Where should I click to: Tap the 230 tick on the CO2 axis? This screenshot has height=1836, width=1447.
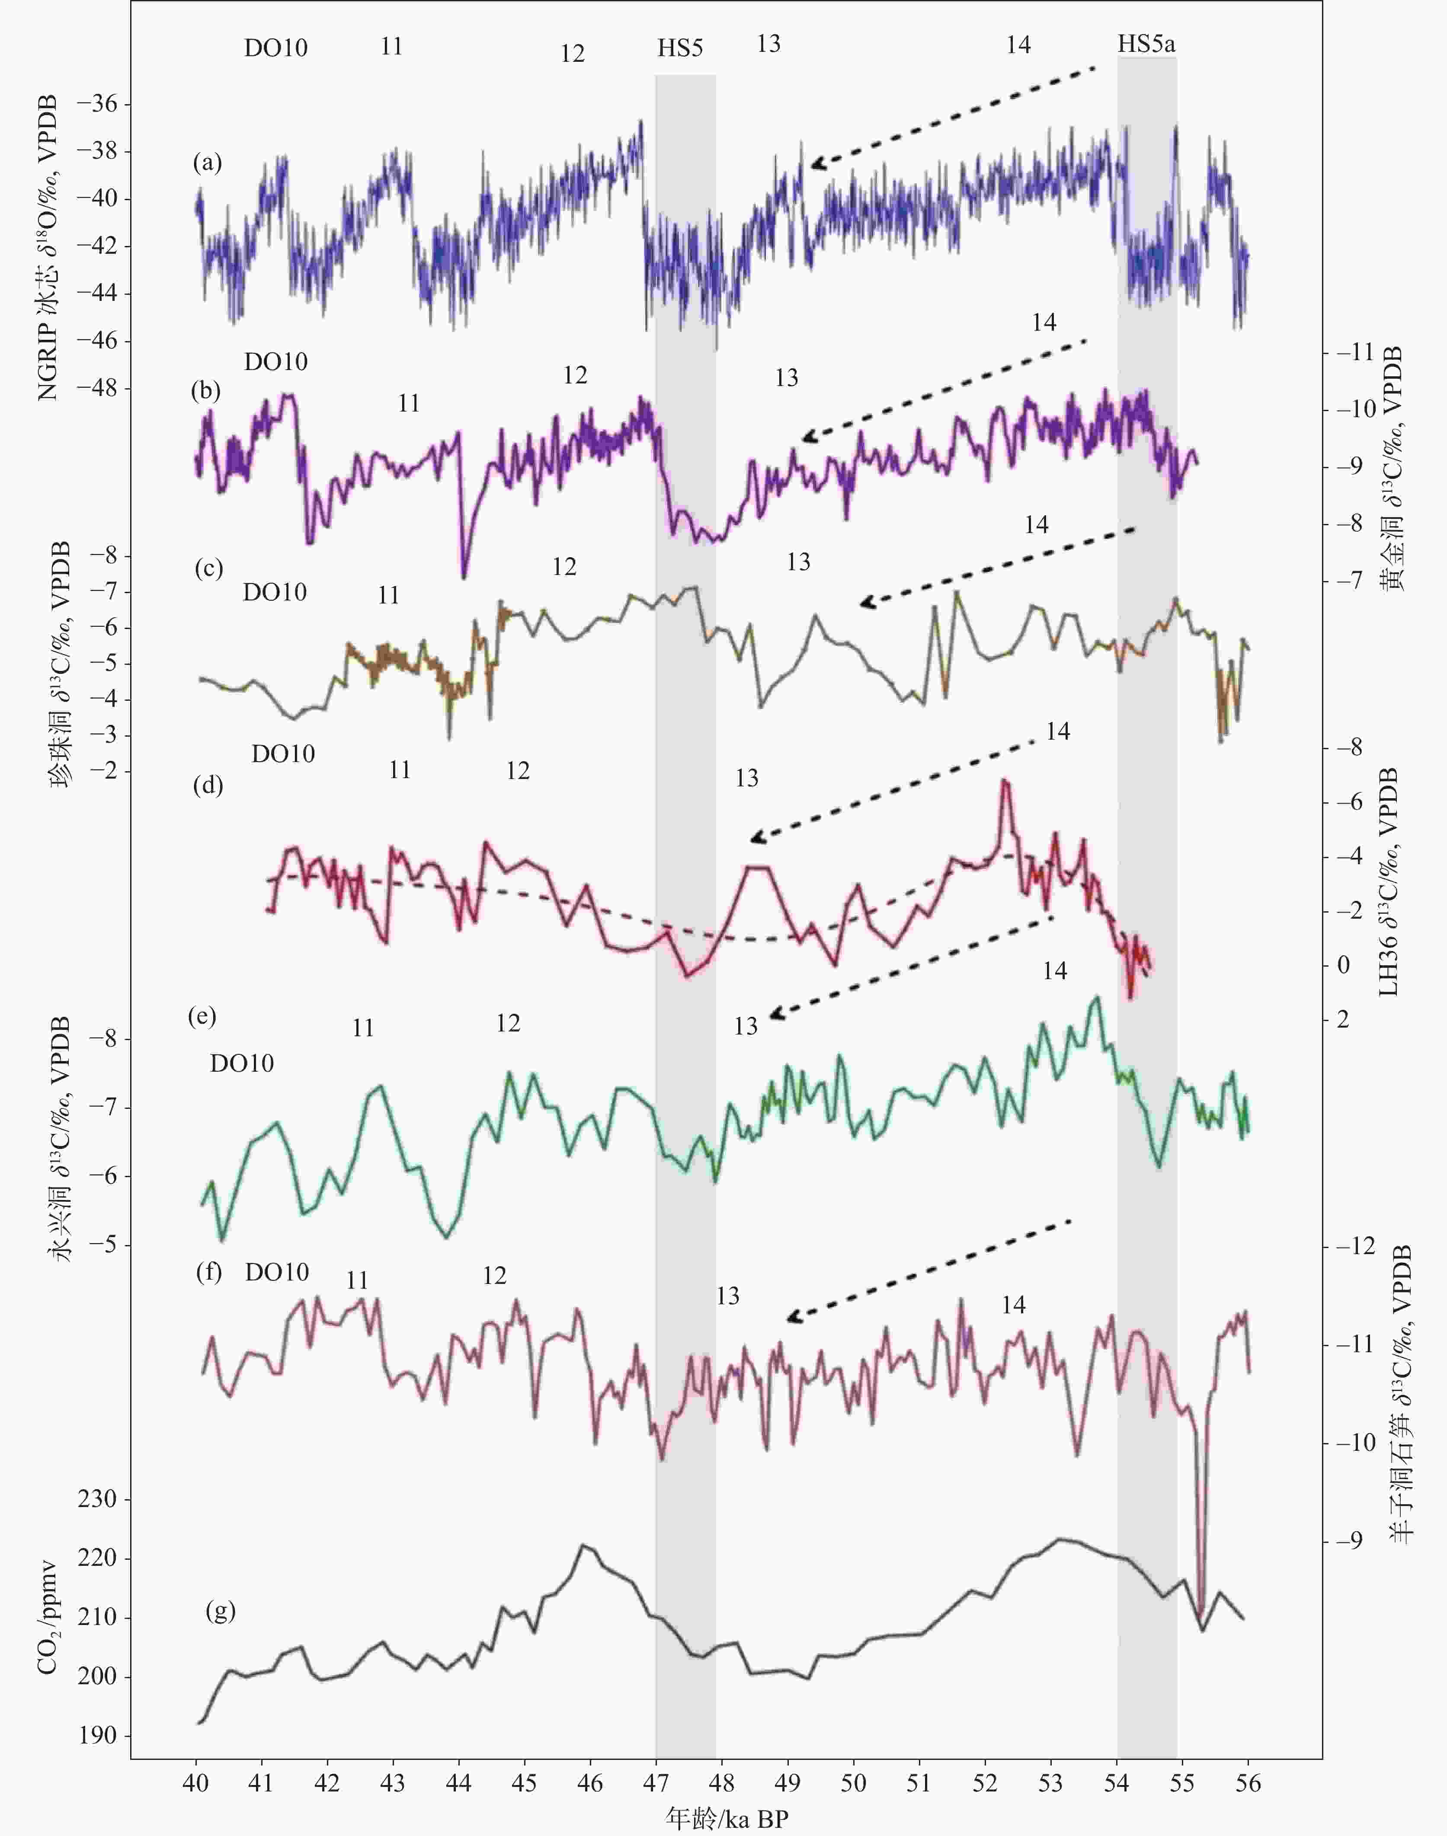point(97,1499)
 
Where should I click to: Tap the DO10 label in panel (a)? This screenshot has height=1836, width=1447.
point(275,48)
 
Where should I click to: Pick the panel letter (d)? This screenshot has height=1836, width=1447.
point(208,785)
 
